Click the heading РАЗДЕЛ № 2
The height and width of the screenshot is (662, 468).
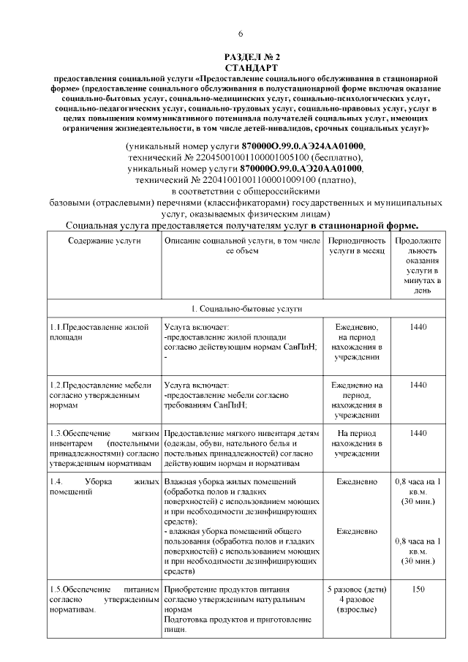[x=241, y=57]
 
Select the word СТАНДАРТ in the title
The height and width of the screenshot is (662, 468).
[x=241, y=67]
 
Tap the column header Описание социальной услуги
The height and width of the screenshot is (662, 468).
[x=242, y=245]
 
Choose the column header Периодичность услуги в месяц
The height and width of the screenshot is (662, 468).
[x=356, y=245]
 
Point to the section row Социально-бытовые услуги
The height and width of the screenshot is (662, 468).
[x=242, y=309]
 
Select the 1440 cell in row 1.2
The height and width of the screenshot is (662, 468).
[x=418, y=384]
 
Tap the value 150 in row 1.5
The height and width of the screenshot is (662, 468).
[x=418, y=589]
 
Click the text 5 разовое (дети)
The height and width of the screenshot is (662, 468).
[x=356, y=589]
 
